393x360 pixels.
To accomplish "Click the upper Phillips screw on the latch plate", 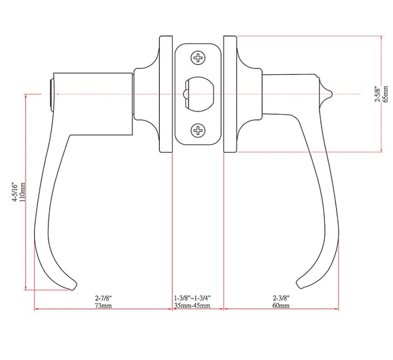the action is pyautogui.click(x=198, y=58).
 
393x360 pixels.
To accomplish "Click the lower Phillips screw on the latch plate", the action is pyautogui.click(x=198, y=130).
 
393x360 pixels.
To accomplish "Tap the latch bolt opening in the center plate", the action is pyautogui.click(x=200, y=94).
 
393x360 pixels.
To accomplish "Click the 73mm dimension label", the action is pyautogui.click(x=103, y=306).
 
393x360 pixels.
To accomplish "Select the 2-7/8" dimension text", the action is pyautogui.click(x=103, y=298).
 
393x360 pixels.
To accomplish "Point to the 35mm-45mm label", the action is pyautogui.click(x=192, y=306).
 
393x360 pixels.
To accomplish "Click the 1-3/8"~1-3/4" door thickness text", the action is pyautogui.click(x=192, y=298).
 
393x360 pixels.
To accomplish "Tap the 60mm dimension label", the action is pyautogui.click(x=281, y=306).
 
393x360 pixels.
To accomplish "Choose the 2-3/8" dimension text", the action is pyautogui.click(x=281, y=298).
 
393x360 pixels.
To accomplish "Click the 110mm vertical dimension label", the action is pyautogui.click(x=22, y=192).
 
